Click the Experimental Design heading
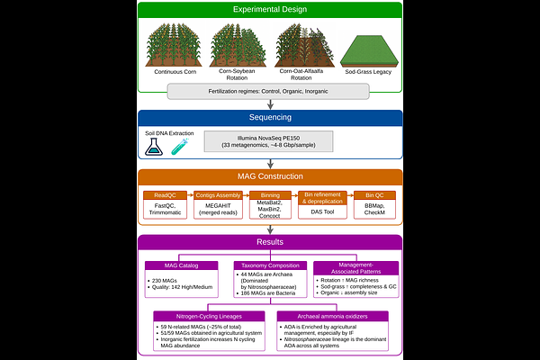click(270, 10)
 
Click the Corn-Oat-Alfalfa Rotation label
click(301, 74)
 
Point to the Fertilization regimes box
click(270, 91)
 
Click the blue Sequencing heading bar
click(270, 118)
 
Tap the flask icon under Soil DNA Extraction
click(156, 147)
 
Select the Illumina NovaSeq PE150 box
click(270, 142)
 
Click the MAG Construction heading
click(270, 176)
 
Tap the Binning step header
click(269, 193)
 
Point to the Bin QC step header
click(375, 193)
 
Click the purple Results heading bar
click(270, 243)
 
